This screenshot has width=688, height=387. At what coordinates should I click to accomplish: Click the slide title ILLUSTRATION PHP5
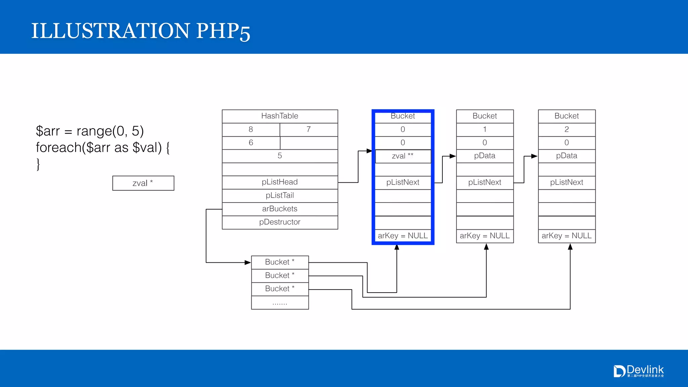[140, 31]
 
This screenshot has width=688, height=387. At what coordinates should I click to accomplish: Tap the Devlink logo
[639, 371]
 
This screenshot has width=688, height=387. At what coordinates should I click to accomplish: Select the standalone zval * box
[143, 183]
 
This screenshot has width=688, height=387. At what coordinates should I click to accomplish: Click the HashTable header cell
[280, 116]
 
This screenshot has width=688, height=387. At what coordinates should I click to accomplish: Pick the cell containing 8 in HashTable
[251, 130]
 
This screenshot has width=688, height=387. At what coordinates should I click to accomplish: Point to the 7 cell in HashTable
[308, 130]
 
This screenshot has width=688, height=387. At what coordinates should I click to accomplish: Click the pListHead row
[280, 182]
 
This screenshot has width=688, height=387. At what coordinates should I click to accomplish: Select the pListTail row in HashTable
[280, 196]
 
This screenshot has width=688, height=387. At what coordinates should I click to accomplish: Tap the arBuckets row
[280, 209]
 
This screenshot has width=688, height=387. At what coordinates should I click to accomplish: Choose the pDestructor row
[280, 222]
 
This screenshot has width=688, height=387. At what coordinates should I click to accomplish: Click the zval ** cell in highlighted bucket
[403, 156]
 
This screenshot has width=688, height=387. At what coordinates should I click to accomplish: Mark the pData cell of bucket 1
[485, 156]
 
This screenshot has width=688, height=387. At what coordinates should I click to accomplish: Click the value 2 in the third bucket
[567, 130]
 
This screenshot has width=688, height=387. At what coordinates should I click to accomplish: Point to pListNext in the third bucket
[567, 182]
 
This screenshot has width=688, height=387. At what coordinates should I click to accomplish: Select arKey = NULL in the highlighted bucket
[403, 236]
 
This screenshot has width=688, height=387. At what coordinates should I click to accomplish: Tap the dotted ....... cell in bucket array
[280, 303]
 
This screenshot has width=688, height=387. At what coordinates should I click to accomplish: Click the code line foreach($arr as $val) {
[103, 147]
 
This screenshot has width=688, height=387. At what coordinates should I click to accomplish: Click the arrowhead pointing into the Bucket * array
[248, 262]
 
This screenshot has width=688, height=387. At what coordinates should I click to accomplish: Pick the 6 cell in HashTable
[251, 143]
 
